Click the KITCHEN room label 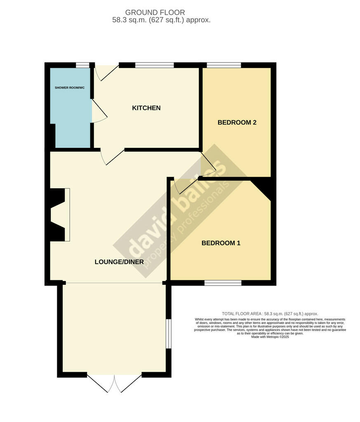pos(146,108)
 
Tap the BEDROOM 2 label pos(237,122)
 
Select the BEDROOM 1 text pos(221,243)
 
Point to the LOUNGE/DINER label pos(119,262)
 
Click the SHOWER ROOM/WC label pos(69,88)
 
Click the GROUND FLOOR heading pos(155,12)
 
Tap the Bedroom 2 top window pos(224,65)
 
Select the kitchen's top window pos(155,65)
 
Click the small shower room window pos(82,65)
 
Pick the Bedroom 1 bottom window pos(223,283)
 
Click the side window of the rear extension pos(169,334)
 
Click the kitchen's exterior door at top pos(107,73)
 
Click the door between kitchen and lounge pos(112,157)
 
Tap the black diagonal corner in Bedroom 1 pos(263,188)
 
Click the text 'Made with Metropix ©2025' pos(270,337)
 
